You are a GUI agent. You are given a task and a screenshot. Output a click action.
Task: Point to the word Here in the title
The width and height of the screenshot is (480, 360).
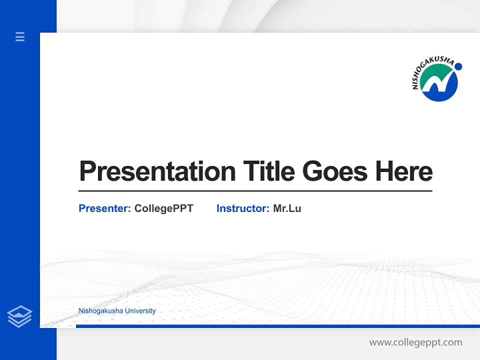click(404, 171)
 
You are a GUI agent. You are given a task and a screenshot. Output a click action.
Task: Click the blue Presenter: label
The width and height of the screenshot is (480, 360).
click(104, 208)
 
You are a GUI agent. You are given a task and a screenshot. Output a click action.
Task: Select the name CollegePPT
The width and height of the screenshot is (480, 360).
click(163, 208)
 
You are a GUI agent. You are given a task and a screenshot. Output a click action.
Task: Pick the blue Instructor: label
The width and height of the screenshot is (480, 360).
click(242, 208)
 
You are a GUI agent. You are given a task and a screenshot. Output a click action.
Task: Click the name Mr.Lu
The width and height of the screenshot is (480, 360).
click(287, 208)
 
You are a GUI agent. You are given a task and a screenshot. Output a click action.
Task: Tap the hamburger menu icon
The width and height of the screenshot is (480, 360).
click(20, 36)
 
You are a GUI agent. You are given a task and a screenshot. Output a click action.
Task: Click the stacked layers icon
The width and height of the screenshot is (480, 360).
click(19, 316)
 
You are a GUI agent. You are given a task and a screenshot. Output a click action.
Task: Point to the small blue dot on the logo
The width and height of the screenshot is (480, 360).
click(458, 66)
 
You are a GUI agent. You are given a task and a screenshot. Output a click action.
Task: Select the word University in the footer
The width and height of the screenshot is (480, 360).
click(140, 311)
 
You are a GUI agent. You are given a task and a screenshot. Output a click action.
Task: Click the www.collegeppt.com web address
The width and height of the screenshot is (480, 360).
click(415, 342)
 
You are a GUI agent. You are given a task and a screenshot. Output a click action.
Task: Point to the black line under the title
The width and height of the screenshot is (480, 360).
click(255, 190)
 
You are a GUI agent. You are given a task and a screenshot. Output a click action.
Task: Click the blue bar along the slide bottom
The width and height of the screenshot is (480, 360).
click(277, 326)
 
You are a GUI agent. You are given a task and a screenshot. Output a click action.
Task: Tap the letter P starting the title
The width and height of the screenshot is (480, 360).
click(88, 171)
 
